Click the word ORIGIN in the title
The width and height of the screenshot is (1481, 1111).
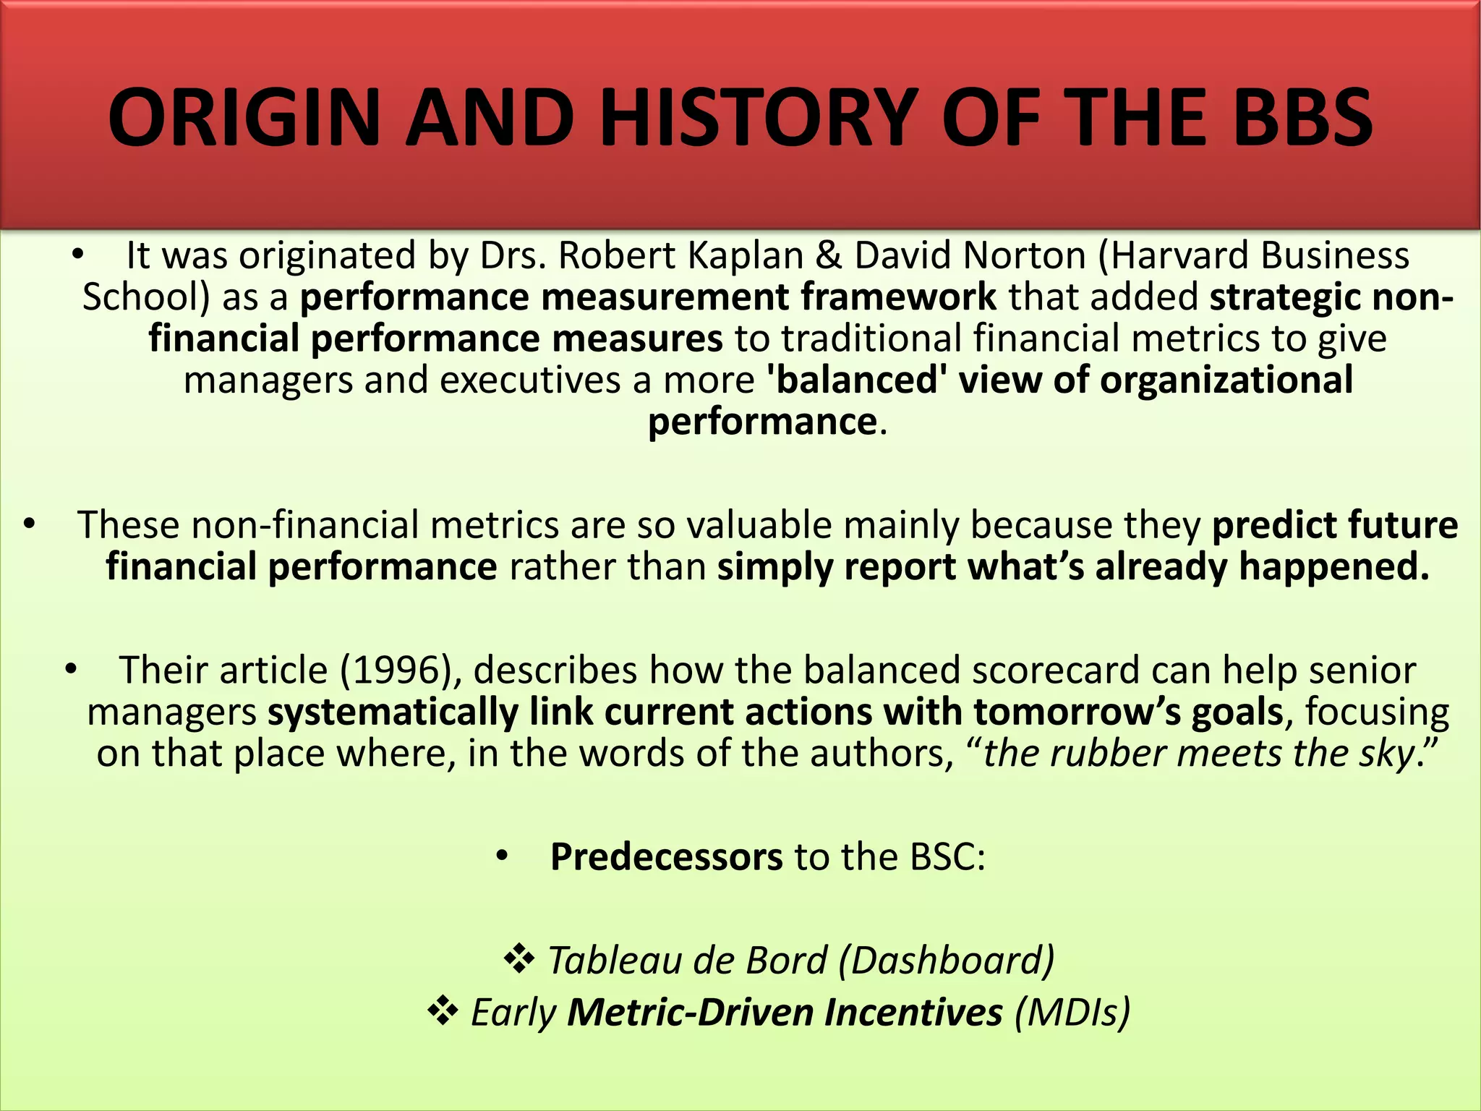pos(244,117)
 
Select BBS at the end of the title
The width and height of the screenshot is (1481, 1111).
pos(1302,117)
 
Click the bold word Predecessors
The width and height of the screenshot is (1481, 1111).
pos(666,857)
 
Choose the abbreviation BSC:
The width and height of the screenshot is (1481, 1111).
pos(947,857)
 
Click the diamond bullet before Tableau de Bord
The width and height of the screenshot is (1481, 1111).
pos(518,960)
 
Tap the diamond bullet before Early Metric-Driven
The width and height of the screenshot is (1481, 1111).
pos(443,1011)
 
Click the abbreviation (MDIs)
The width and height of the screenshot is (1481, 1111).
pos(1072,1012)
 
